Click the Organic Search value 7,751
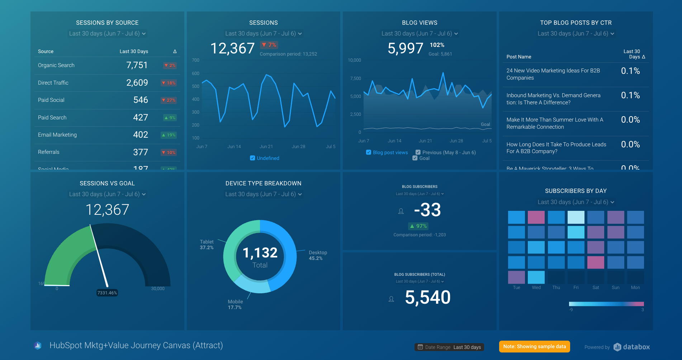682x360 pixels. point(137,65)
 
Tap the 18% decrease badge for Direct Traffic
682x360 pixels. point(169,83)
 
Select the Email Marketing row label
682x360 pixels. point(57,135)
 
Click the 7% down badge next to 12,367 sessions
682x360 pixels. point(269,45)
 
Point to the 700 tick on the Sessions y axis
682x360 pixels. point(195,60)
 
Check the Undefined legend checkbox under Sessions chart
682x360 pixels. point(252,158)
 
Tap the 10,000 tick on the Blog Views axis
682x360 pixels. point(354,60)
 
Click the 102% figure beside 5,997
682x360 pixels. point(437,45)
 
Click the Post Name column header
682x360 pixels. point(518,57)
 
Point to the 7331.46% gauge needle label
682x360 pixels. point(107,293)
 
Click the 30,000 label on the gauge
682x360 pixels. point(158,289)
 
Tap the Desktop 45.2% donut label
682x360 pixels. point(317,255)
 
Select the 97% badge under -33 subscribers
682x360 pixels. point(418,226)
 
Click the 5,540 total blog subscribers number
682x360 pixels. point(427,298)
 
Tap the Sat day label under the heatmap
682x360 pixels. point(596,288)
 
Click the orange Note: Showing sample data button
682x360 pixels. point(534,346)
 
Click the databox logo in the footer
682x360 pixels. point(632,347)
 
